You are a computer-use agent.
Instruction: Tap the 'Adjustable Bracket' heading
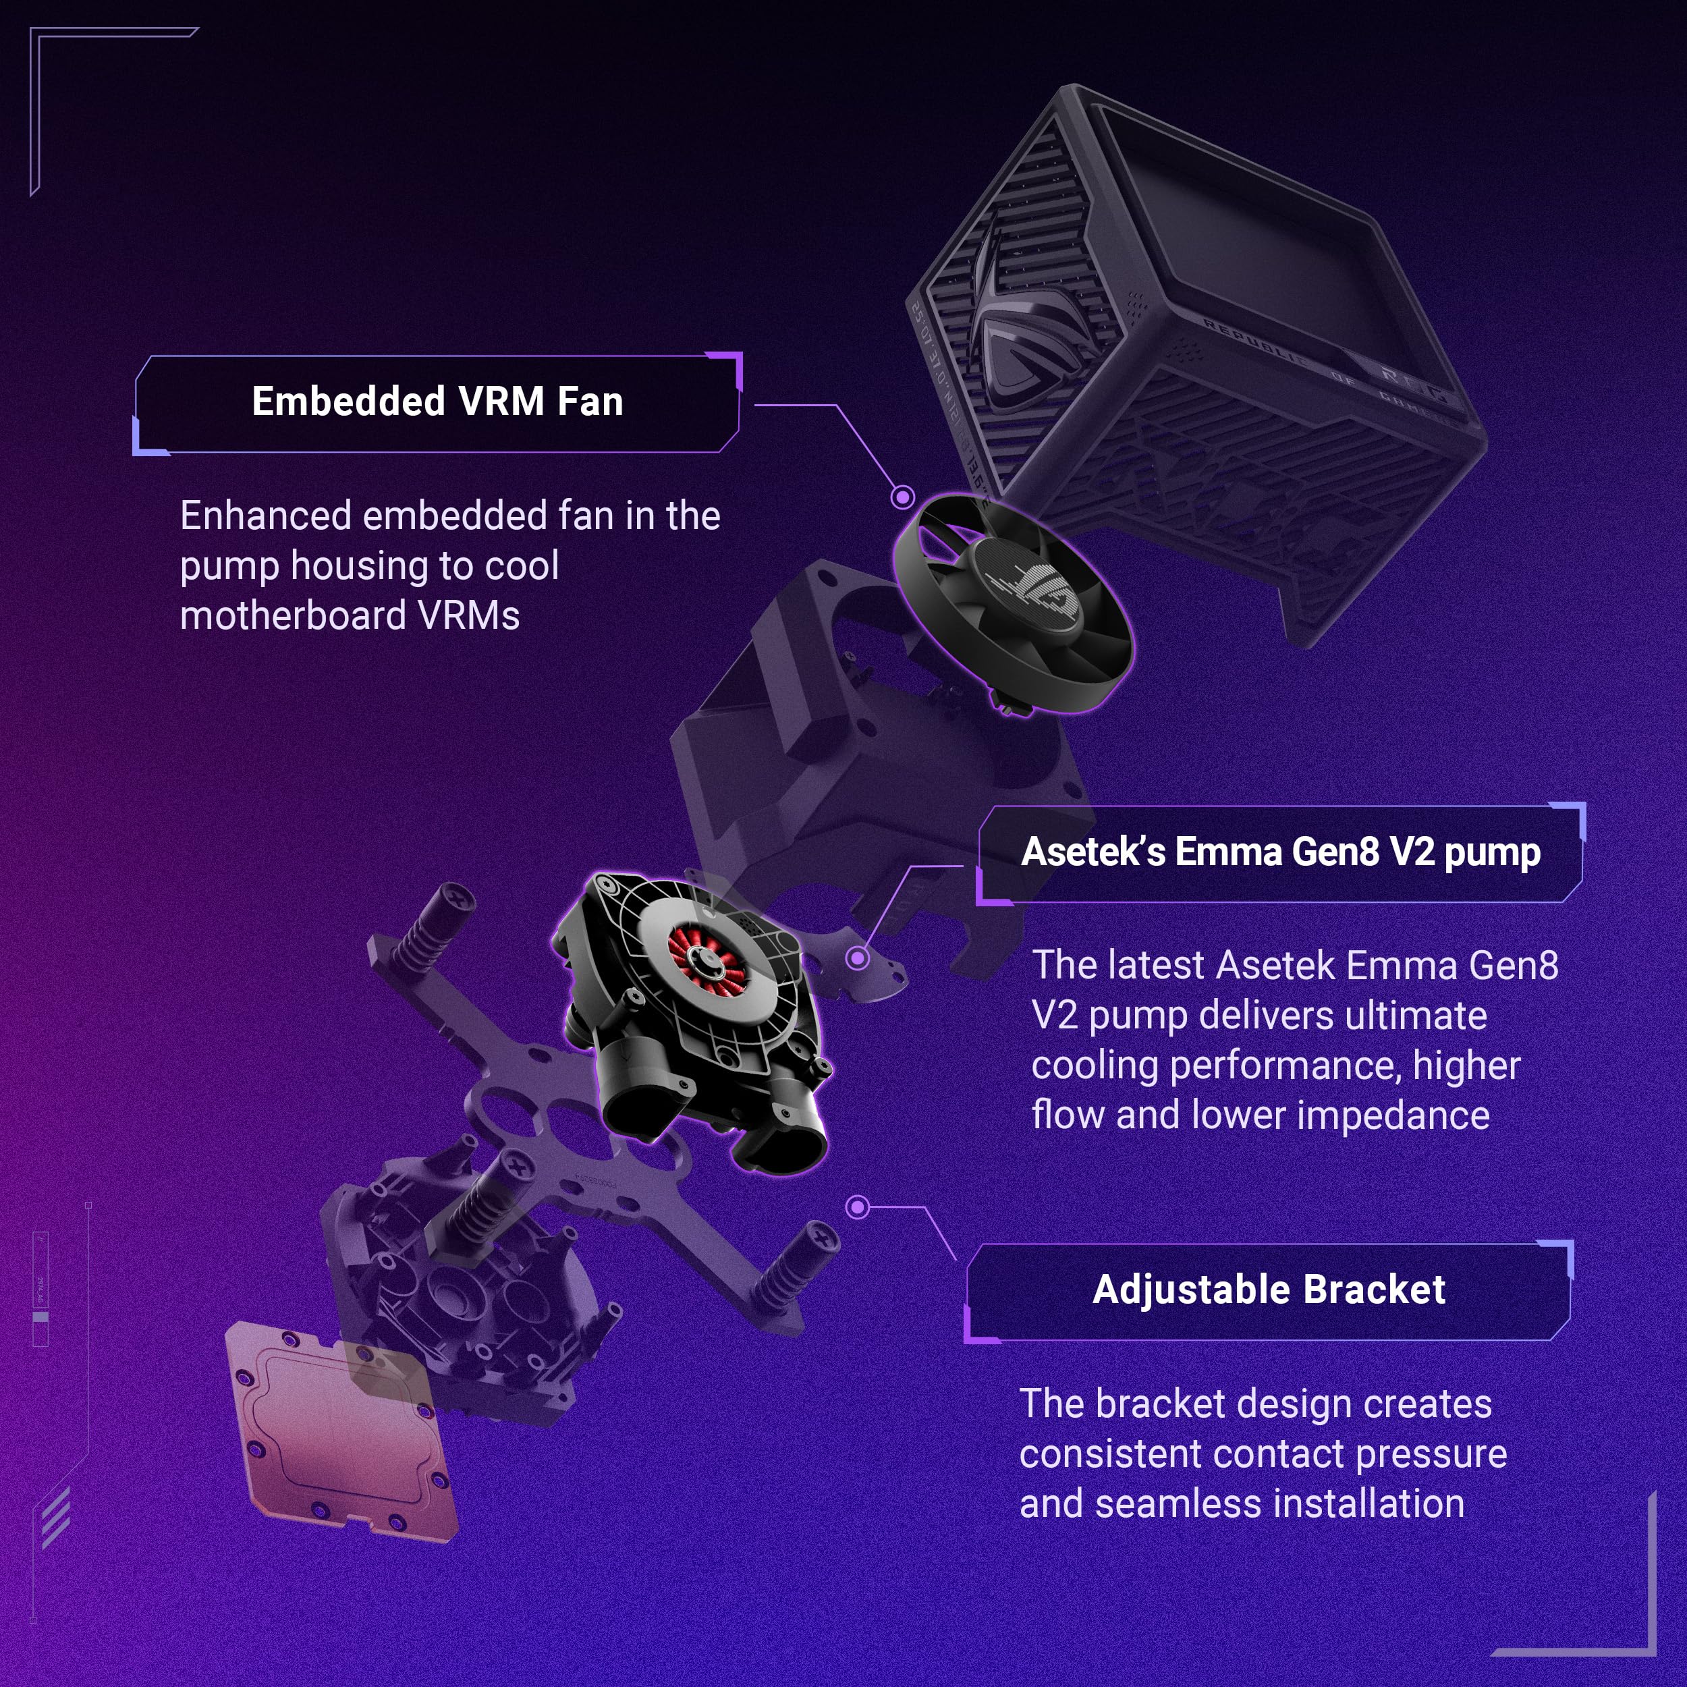tap(1268, 1290)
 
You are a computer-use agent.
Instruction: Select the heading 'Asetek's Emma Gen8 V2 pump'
tap(1280, 852)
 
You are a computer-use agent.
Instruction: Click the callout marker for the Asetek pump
tap(858, 959)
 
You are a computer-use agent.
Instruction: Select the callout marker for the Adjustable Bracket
tap(858, 1208)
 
